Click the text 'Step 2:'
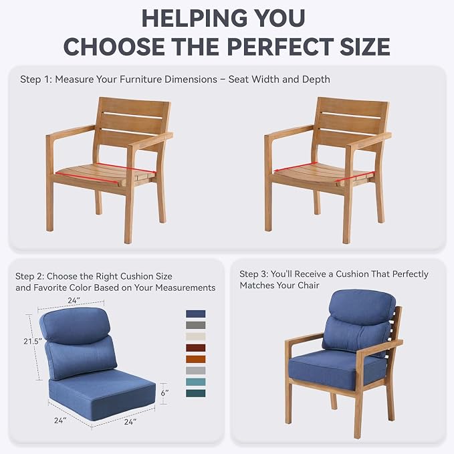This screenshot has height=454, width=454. tap(29, 276)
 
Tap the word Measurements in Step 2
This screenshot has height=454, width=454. tap(185, 288)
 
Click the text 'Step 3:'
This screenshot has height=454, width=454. tap(253, 274)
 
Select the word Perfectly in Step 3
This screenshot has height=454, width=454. tap(411, 274)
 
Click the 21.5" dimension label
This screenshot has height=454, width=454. tap(33, 342)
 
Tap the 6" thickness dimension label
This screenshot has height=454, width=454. tap(164, 393)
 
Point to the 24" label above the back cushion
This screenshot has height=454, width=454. tap(74, 300)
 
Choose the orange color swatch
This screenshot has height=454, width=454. tap(196, 359)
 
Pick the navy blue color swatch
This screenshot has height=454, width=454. tap(196, 314)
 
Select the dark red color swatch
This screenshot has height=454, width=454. tap(196, 348)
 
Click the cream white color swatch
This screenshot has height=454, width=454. tap(196, 336)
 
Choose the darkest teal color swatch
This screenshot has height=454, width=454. tap(196, 393)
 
